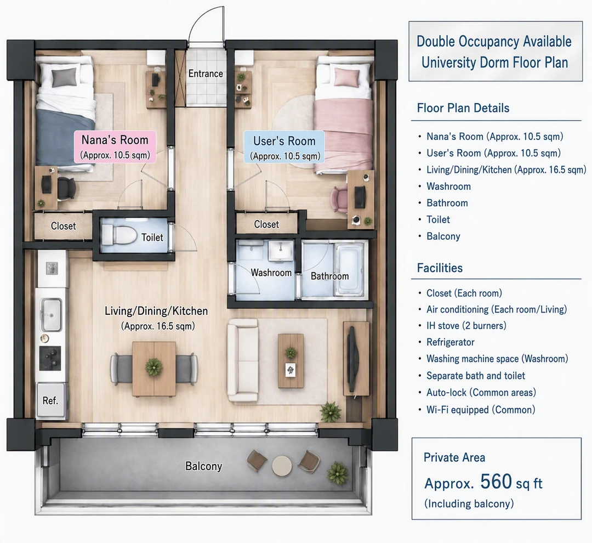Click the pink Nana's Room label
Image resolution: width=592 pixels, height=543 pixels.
point(115,146)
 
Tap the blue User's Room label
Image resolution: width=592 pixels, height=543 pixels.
point(284,147)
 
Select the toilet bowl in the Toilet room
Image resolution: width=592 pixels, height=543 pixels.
point(119,235)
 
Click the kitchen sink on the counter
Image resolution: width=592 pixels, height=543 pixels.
point(52,314)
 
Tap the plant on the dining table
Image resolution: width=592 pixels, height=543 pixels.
point(153,366)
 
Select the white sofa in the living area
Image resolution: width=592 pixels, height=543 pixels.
point(243,360)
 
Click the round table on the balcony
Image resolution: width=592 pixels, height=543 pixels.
point(282,466)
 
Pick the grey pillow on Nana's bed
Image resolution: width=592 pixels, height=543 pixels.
point(64,77)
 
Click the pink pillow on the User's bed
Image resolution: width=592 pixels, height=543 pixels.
point(346,77)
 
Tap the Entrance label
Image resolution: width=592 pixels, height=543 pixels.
point(206,73)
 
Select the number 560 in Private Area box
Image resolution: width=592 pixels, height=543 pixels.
point(496,482)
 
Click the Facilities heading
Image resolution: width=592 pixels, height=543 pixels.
point(440,268)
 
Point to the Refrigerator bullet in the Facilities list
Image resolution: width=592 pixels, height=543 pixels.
point(451,342)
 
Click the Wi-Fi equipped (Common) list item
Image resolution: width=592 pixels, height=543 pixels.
point(481,410)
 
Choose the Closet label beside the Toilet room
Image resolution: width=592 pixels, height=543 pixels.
point(64,226)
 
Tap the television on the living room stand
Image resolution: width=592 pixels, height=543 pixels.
point(352,359)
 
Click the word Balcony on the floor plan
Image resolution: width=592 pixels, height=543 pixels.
point(203,466)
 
